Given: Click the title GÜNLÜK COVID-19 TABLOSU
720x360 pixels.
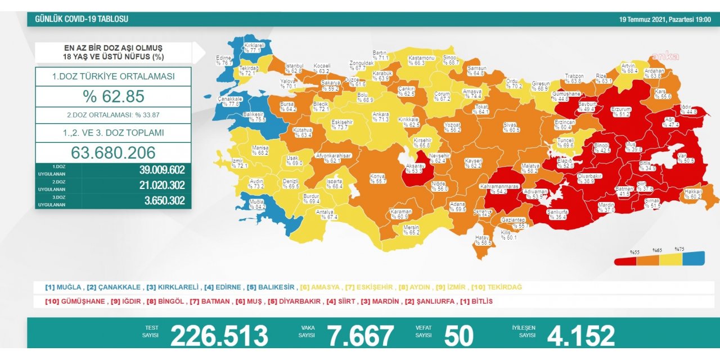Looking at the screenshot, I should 82,19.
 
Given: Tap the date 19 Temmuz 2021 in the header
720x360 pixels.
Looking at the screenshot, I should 665,19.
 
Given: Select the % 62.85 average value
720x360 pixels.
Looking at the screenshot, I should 113,96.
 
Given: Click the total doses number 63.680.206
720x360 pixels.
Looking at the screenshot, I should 113,152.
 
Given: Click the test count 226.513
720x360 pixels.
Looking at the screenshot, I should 219,335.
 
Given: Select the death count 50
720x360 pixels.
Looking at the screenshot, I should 458,335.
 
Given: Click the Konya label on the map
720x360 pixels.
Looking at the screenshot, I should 377,178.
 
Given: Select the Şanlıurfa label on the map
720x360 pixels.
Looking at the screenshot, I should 557,214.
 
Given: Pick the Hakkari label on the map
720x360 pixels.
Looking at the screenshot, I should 692,194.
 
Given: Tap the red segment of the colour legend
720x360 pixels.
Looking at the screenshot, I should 625,259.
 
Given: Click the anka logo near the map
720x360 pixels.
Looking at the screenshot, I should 665,56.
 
